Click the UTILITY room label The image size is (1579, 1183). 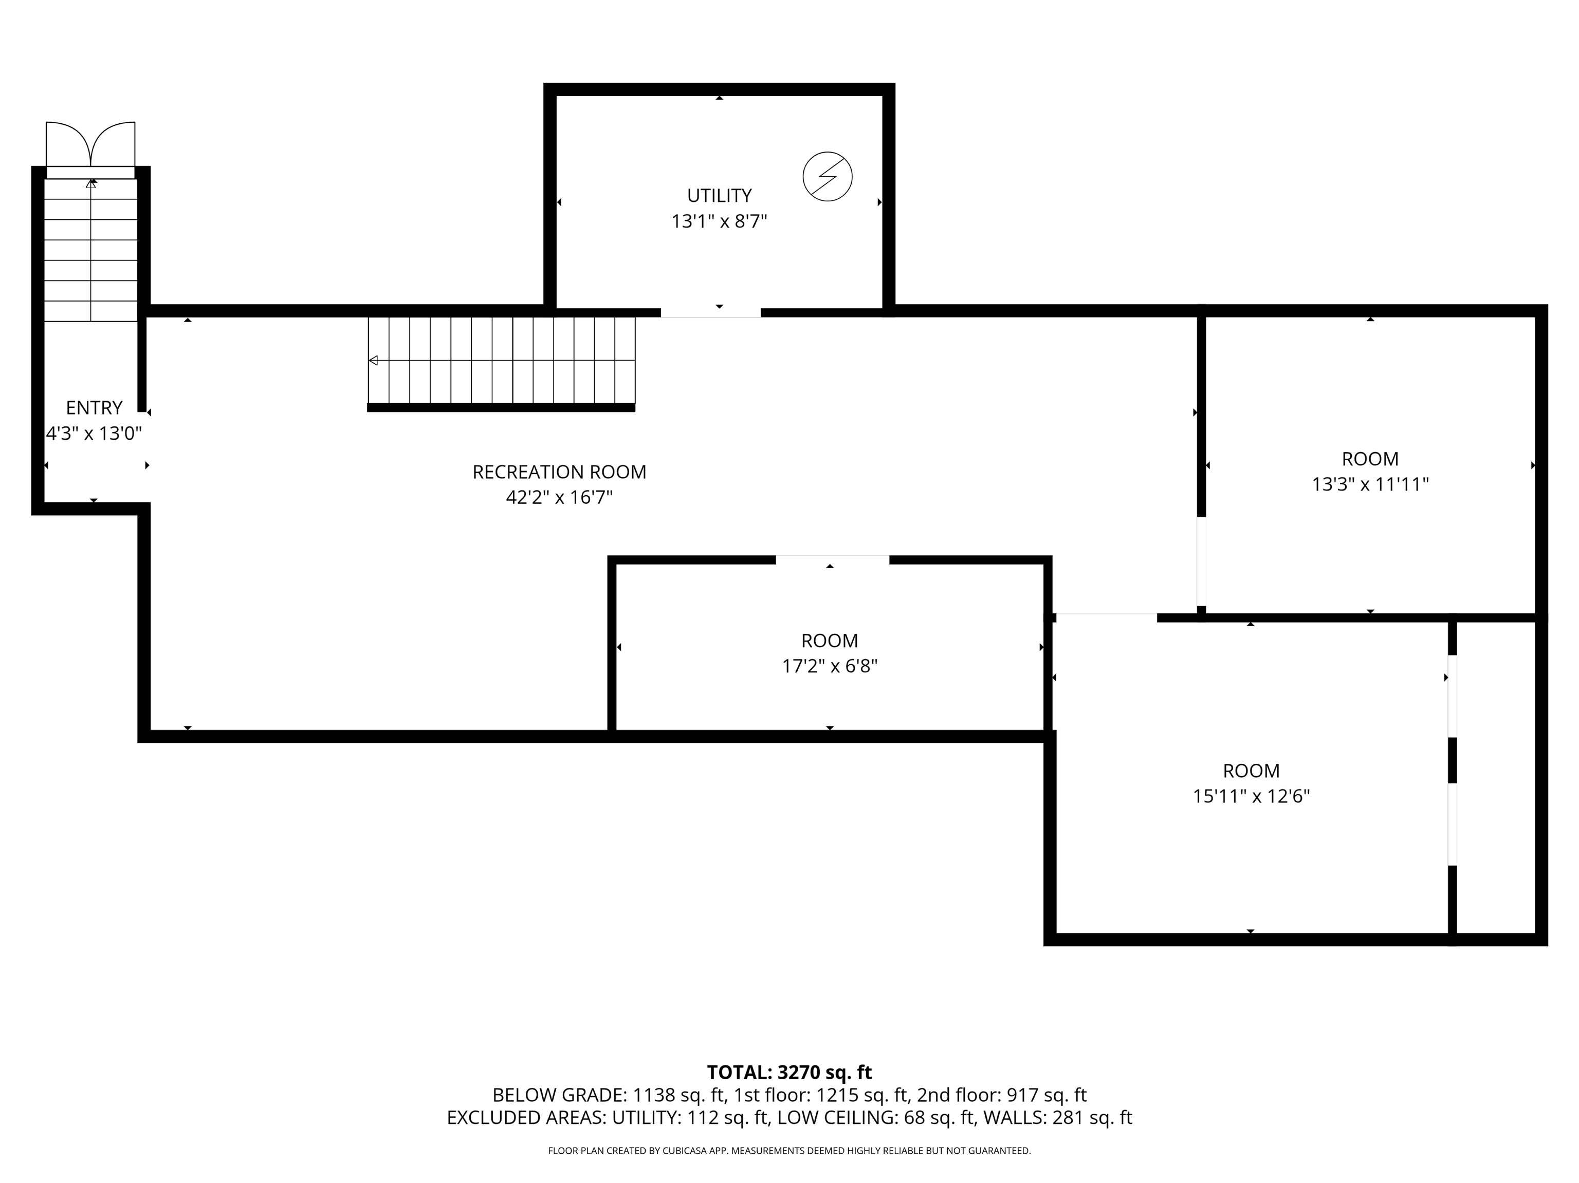[719, 196]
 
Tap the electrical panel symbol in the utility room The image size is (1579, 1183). [828, 176]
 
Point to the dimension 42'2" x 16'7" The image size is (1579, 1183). [559, 497]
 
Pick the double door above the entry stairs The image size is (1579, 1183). [90, 146]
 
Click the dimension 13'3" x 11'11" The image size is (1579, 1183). [1370, 484]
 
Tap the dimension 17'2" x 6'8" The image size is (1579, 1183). [830, 666]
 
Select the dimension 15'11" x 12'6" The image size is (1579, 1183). [1251, 796]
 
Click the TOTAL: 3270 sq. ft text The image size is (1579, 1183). [789, 1073]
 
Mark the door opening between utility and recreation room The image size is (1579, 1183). [710, 312]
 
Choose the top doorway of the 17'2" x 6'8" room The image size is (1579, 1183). [832, 559]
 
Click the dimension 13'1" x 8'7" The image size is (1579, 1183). [719, 221]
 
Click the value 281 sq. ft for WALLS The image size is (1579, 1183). [1091, 1118]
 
